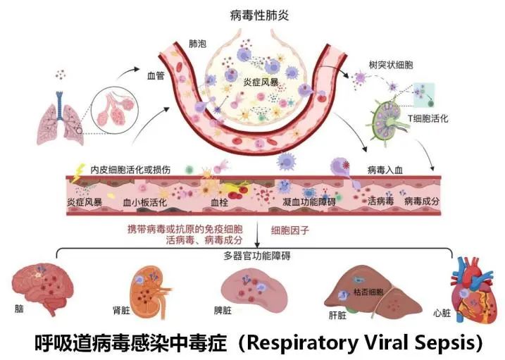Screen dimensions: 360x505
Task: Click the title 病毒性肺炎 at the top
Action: click(x=258, y=15)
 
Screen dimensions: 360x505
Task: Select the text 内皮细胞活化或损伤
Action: click(x=131, y=170)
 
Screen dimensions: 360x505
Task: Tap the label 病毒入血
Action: click(x=386, y=170)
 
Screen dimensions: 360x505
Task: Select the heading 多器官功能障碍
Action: click(x=254, y=256)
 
